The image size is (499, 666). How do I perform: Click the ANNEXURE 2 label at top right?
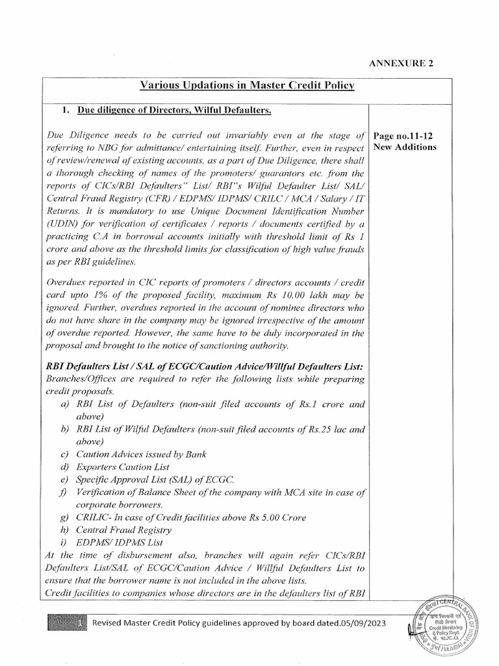point(401,63)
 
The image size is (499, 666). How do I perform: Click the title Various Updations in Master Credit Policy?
point(248,87)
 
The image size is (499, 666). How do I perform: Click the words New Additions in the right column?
point(405,147)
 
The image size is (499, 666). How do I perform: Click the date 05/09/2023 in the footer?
point(360,623)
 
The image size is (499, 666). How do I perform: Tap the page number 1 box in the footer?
point(79,623)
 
